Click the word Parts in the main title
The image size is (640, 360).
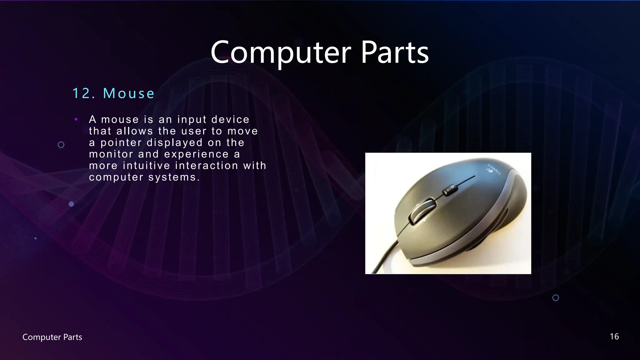(395, 52)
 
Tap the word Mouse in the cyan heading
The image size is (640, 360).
(129, 93)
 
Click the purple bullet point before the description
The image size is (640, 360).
(76, 119)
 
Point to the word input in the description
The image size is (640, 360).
(192, 120)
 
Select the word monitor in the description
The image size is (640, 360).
(111, 154)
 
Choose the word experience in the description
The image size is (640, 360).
(196, 154)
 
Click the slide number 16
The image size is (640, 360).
(614, 337)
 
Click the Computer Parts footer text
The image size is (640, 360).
(52, 337)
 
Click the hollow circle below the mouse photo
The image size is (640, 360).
(556, 298)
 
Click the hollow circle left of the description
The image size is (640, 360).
(61, 145)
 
